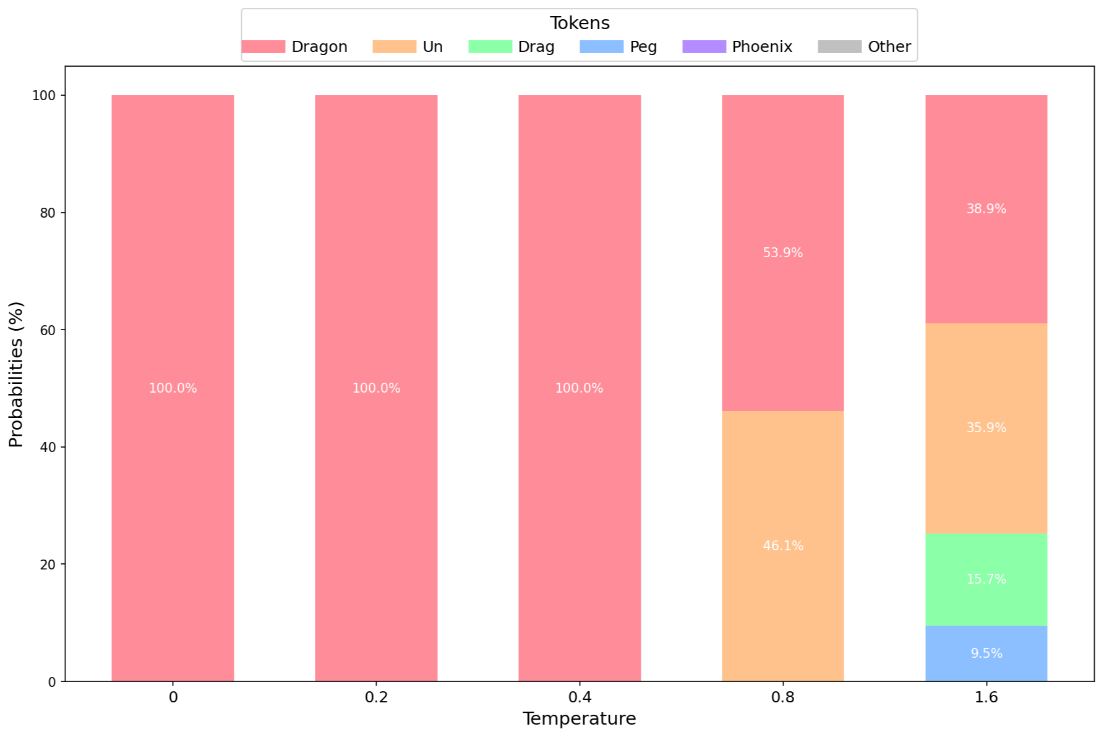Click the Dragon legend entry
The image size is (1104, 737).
[x=294, y=47]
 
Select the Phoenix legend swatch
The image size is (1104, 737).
[x=704, y=47]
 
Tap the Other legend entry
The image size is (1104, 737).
[x=864, y=47]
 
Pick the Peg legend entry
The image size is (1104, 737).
[x=618, y=47]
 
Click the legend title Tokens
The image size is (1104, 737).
[x=580, y=23]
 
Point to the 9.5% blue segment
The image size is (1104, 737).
[x=986, y=653]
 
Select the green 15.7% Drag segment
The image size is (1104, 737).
[x=986, y=579]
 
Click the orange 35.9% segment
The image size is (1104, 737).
[x=986, y=428]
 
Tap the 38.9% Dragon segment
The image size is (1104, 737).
[x=986, y=209]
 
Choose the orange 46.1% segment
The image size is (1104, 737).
[x=782, y=546]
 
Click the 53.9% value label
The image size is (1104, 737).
[x=782, y=253]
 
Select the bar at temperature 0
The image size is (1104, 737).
[x=173, y=388]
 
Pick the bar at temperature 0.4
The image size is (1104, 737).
[x=580, y=388]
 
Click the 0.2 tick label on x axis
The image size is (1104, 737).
[x=376, y=697]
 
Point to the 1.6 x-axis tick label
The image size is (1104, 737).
[x=986, y=697]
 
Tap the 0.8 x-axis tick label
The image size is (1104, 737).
[x=782, y=697]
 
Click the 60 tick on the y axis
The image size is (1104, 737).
[x=47, y=330]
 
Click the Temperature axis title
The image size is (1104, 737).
[x=580, y=718]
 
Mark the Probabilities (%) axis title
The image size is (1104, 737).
[x=15, y=375]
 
